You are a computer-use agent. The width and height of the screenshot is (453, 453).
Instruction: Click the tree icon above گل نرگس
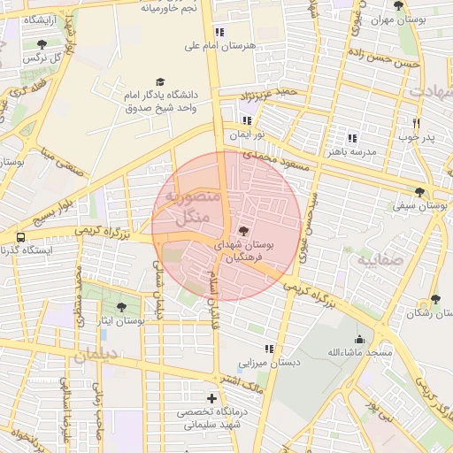click(x=42, y=44)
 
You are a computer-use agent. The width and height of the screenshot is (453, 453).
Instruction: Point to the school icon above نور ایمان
click(x=247, y=120)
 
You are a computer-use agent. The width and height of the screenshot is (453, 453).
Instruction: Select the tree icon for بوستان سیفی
click(x=419, y=191)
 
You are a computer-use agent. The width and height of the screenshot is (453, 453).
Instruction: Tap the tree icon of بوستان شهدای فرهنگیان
click(x=244, y=230)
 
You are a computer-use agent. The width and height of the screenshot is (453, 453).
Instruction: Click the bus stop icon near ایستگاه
click(x=19, y=237)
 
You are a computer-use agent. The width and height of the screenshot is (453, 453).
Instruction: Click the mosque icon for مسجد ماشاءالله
click(x=359, y=339)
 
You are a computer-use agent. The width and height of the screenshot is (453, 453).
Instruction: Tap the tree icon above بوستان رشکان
click(x=434, y=299)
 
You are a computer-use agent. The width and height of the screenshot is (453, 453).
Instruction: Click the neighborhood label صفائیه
click(x=380, y=262)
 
